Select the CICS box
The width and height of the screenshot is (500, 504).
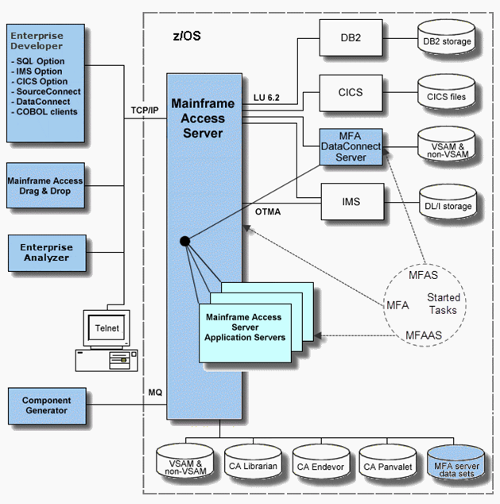coord(350,92)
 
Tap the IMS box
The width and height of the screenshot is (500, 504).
coord(350,202)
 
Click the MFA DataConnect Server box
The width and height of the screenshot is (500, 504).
coord(350,147)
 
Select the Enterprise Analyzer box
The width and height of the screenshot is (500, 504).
coord(45,252)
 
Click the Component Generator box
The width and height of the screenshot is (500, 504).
coord(45,405)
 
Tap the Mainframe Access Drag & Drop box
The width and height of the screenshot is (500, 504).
coord(45,186)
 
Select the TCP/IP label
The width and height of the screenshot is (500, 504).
coord(145,110)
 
